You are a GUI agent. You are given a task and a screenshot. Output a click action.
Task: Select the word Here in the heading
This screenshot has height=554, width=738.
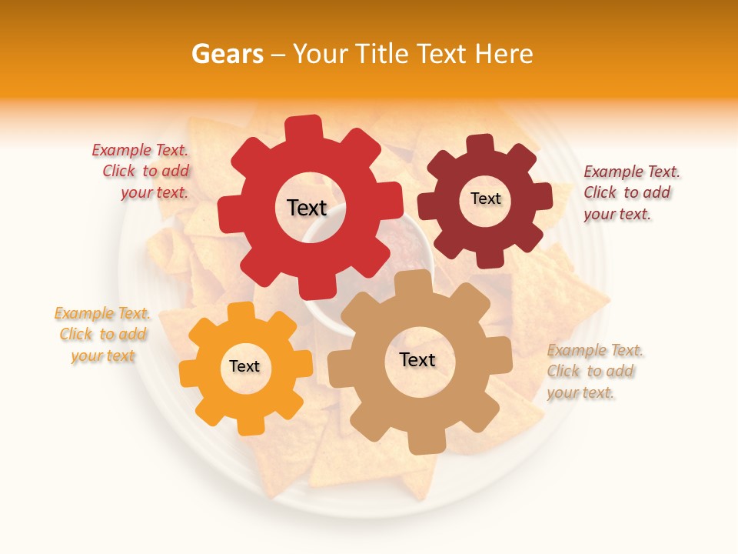(504, 54)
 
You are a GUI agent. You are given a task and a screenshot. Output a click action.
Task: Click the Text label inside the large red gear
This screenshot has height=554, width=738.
(307, 208)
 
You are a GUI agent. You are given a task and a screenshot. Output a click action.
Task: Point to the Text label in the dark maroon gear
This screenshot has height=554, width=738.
(485, 199)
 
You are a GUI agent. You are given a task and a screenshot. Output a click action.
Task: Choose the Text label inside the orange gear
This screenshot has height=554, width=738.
(244, 366)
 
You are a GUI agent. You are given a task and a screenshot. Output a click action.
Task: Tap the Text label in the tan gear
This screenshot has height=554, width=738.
(417, 359)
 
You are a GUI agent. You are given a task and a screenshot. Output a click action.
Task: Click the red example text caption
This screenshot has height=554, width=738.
(143, 172)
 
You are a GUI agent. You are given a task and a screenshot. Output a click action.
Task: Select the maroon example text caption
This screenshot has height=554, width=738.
(630, 192)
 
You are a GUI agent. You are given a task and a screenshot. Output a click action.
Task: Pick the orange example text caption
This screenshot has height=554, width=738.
(103, 335)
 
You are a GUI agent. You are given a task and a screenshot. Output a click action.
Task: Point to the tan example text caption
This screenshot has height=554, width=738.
(593, 372)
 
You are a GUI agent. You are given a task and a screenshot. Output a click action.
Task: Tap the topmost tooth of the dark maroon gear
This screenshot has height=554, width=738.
(480, 145)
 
